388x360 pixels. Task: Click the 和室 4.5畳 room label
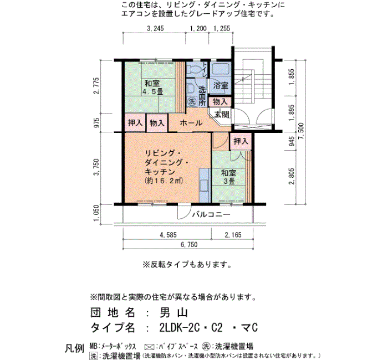[x=152, y=88]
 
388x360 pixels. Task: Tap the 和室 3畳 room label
[x=228, y=177]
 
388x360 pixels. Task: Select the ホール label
[x=191, y=122]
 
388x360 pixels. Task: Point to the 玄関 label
[x=222, y=115]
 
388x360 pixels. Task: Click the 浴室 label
[x=221, y=85]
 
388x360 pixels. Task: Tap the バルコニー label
[x=211, y=214]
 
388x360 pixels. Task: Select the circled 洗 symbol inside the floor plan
[x=192, y=101]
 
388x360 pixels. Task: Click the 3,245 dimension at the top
[x=155, y=28]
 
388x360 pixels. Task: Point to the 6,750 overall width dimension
[x=189, y=245]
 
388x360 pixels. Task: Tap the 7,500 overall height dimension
[x=301, y=131]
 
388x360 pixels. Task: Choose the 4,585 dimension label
[x=168, y=235]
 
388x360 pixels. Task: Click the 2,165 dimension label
[x=233, y=235]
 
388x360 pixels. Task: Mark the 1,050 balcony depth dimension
[x=96, y=213]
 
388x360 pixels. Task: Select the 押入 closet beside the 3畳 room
[x=241, y=141]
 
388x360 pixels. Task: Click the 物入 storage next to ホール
[x=157, y=122]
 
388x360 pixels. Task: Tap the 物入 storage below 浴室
[x=220, y=101]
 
